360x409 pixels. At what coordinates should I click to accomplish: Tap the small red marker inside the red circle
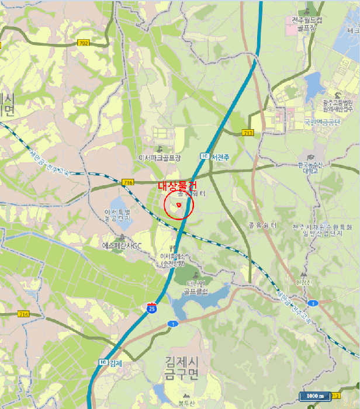coord(178,205)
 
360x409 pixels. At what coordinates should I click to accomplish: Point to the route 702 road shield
coord(84,43)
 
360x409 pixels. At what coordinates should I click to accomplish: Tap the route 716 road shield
coord(129,182)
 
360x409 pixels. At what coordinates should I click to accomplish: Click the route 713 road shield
coord(248,133)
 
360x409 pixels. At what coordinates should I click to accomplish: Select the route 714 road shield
coord(23,314)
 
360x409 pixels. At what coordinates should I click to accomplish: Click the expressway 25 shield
coord(151,308)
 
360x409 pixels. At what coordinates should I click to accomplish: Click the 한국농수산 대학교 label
coord(310,168)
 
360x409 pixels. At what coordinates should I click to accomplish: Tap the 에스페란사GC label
coord(122,245)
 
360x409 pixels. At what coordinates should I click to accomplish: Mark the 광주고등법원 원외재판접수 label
coord(338,105)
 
